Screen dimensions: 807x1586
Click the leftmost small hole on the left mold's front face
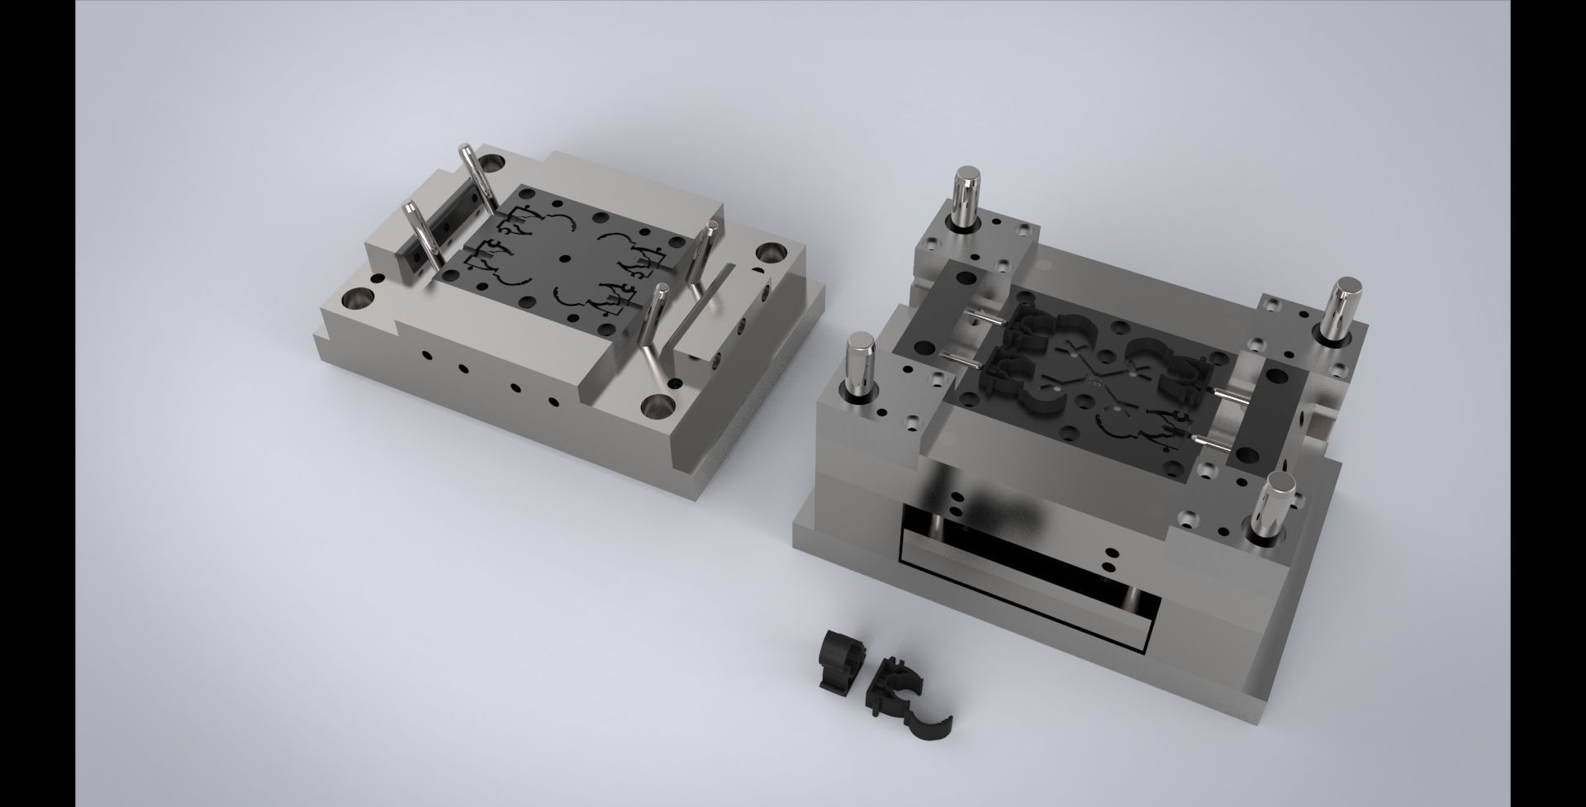[x=425, y=355]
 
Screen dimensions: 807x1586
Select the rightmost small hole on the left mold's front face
[x=554, y=402]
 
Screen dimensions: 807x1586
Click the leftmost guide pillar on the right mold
[x=862, y=363]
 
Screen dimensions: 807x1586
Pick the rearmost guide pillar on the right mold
[x=966, y=198]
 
